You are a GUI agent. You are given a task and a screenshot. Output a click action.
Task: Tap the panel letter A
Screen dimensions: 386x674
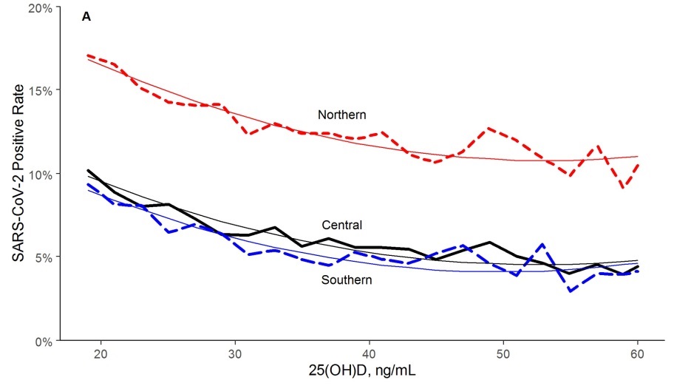(x=86, y=16)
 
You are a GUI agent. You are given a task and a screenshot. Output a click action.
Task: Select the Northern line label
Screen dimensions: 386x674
(x=342, y=115)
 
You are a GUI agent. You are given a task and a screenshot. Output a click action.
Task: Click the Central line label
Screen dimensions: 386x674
(x=341, y=225)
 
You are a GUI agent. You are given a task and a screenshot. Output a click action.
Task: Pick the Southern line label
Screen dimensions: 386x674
(x=347, y=280)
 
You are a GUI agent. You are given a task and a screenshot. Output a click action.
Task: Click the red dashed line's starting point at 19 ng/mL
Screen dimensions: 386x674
(x=88, y=55)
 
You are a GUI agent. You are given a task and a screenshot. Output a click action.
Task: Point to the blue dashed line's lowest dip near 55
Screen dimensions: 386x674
(x=570, y=291)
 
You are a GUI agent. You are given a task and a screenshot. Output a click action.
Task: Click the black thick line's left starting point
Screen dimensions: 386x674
(x=88, y=171)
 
